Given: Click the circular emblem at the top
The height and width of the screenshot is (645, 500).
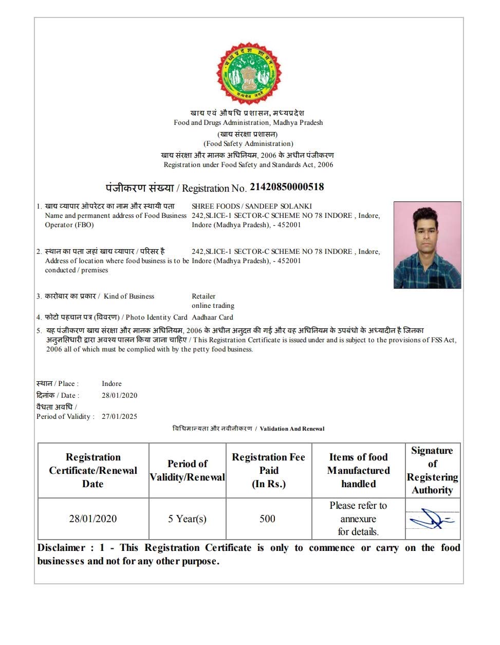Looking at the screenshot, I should pyautogui.click(x=249, y=73).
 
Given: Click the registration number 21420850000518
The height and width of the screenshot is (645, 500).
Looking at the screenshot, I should pyautogui.click(x=287, y=187).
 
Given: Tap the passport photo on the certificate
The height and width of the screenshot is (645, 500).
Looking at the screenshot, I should pyautogui.click(x=427, y=245).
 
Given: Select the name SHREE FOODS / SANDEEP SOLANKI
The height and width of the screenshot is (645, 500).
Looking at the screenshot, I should pyautogui.click(x=252, y=206).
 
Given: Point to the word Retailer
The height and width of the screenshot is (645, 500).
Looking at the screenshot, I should pyautogui.click(x=203, y=296).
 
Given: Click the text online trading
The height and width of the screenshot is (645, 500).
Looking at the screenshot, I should pyautogui.click(x=213, y=305).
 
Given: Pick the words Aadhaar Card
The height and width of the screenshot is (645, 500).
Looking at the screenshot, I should pyautogui.click(x=212, y=317).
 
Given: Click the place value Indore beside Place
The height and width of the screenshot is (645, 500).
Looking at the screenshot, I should pyautogui.click(x=112, y=383).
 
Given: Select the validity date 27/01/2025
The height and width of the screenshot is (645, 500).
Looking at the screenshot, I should pyautogui.click(x=119, y=416).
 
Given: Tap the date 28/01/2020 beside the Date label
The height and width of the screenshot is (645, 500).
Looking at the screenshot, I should pyautogui.click(x=119, y=395).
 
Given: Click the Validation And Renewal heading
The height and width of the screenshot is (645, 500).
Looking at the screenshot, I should pyautogui.click(x=292, y=429).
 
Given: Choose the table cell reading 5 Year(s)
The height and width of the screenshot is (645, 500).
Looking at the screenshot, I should pyautogui.click(x=187, y=519).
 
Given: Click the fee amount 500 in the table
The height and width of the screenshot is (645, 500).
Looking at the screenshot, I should pyautogui.click(x=267, y=519).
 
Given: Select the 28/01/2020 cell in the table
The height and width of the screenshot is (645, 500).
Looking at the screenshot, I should pyautogui.click(x=93, y=519).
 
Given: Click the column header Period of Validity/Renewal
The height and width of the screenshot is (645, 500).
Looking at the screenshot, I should pyautogui.click(x=187, y=470).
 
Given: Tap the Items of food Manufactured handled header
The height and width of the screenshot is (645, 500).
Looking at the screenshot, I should pyautogui.click(x=358, y=470).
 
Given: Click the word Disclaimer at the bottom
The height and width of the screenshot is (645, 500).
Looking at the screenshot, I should pyautogui.click(x=61, y=548).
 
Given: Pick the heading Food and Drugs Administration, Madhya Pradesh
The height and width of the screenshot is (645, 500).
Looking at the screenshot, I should pyautogui.click(x=248, y=122).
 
